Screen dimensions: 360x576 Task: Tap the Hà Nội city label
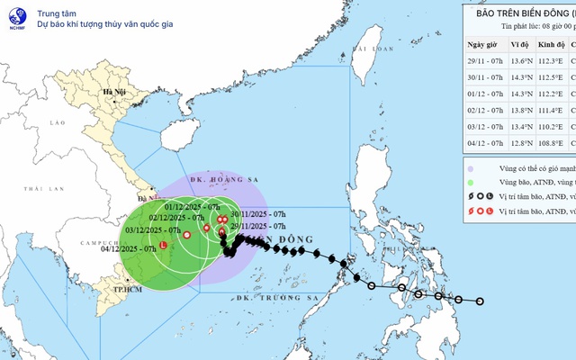pos(114,92)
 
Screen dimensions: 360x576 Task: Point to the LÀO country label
pos(59,122)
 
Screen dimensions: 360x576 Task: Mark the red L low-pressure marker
pos(163,246)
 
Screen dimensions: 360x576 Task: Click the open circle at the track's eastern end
pos(480,301)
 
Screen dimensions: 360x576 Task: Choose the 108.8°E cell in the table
pos(551,142)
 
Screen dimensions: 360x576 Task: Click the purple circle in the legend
pos(472,168)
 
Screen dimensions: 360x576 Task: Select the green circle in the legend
pos(472,183)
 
